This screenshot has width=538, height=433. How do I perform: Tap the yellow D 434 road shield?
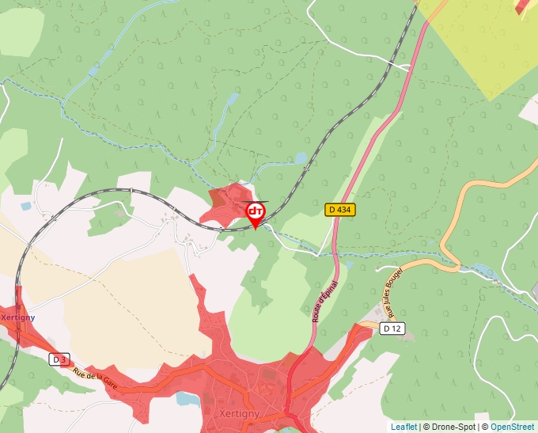click(340, 210)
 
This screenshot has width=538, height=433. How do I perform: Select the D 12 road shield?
click(392, 329)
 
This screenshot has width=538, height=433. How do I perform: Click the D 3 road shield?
click(59, 359)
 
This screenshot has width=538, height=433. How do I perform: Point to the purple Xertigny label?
click(17, 317)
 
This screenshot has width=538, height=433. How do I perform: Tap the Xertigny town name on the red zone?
click(239, 414)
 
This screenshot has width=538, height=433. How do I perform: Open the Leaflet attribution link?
click(403, 427)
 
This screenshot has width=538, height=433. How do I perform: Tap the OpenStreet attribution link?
click(512, 427)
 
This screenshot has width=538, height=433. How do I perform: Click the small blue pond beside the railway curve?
click(300, 158)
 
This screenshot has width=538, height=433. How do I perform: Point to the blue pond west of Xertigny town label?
click(187, 398)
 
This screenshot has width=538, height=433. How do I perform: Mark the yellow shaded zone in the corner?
click(483, 40)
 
